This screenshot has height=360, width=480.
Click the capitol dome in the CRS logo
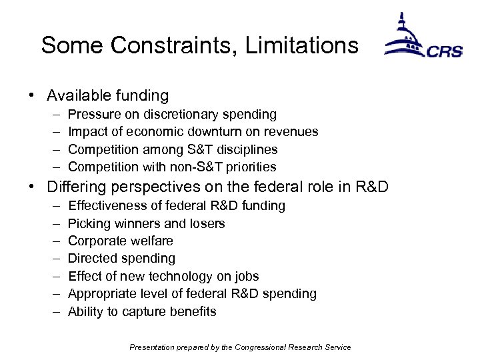coord(402,37)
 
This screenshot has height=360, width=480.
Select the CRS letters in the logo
coord(445,51)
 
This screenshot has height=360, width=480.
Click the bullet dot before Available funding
coord(32,96)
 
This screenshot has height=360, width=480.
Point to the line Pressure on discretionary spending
coord(172,115)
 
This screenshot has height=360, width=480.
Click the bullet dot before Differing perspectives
coord(32,187)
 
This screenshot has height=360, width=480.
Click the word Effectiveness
coord(105,206)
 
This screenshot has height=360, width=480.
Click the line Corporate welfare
coord(121,241)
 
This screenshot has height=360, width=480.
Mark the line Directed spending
coord(121,258)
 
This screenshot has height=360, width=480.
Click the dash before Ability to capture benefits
coord(54,311)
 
